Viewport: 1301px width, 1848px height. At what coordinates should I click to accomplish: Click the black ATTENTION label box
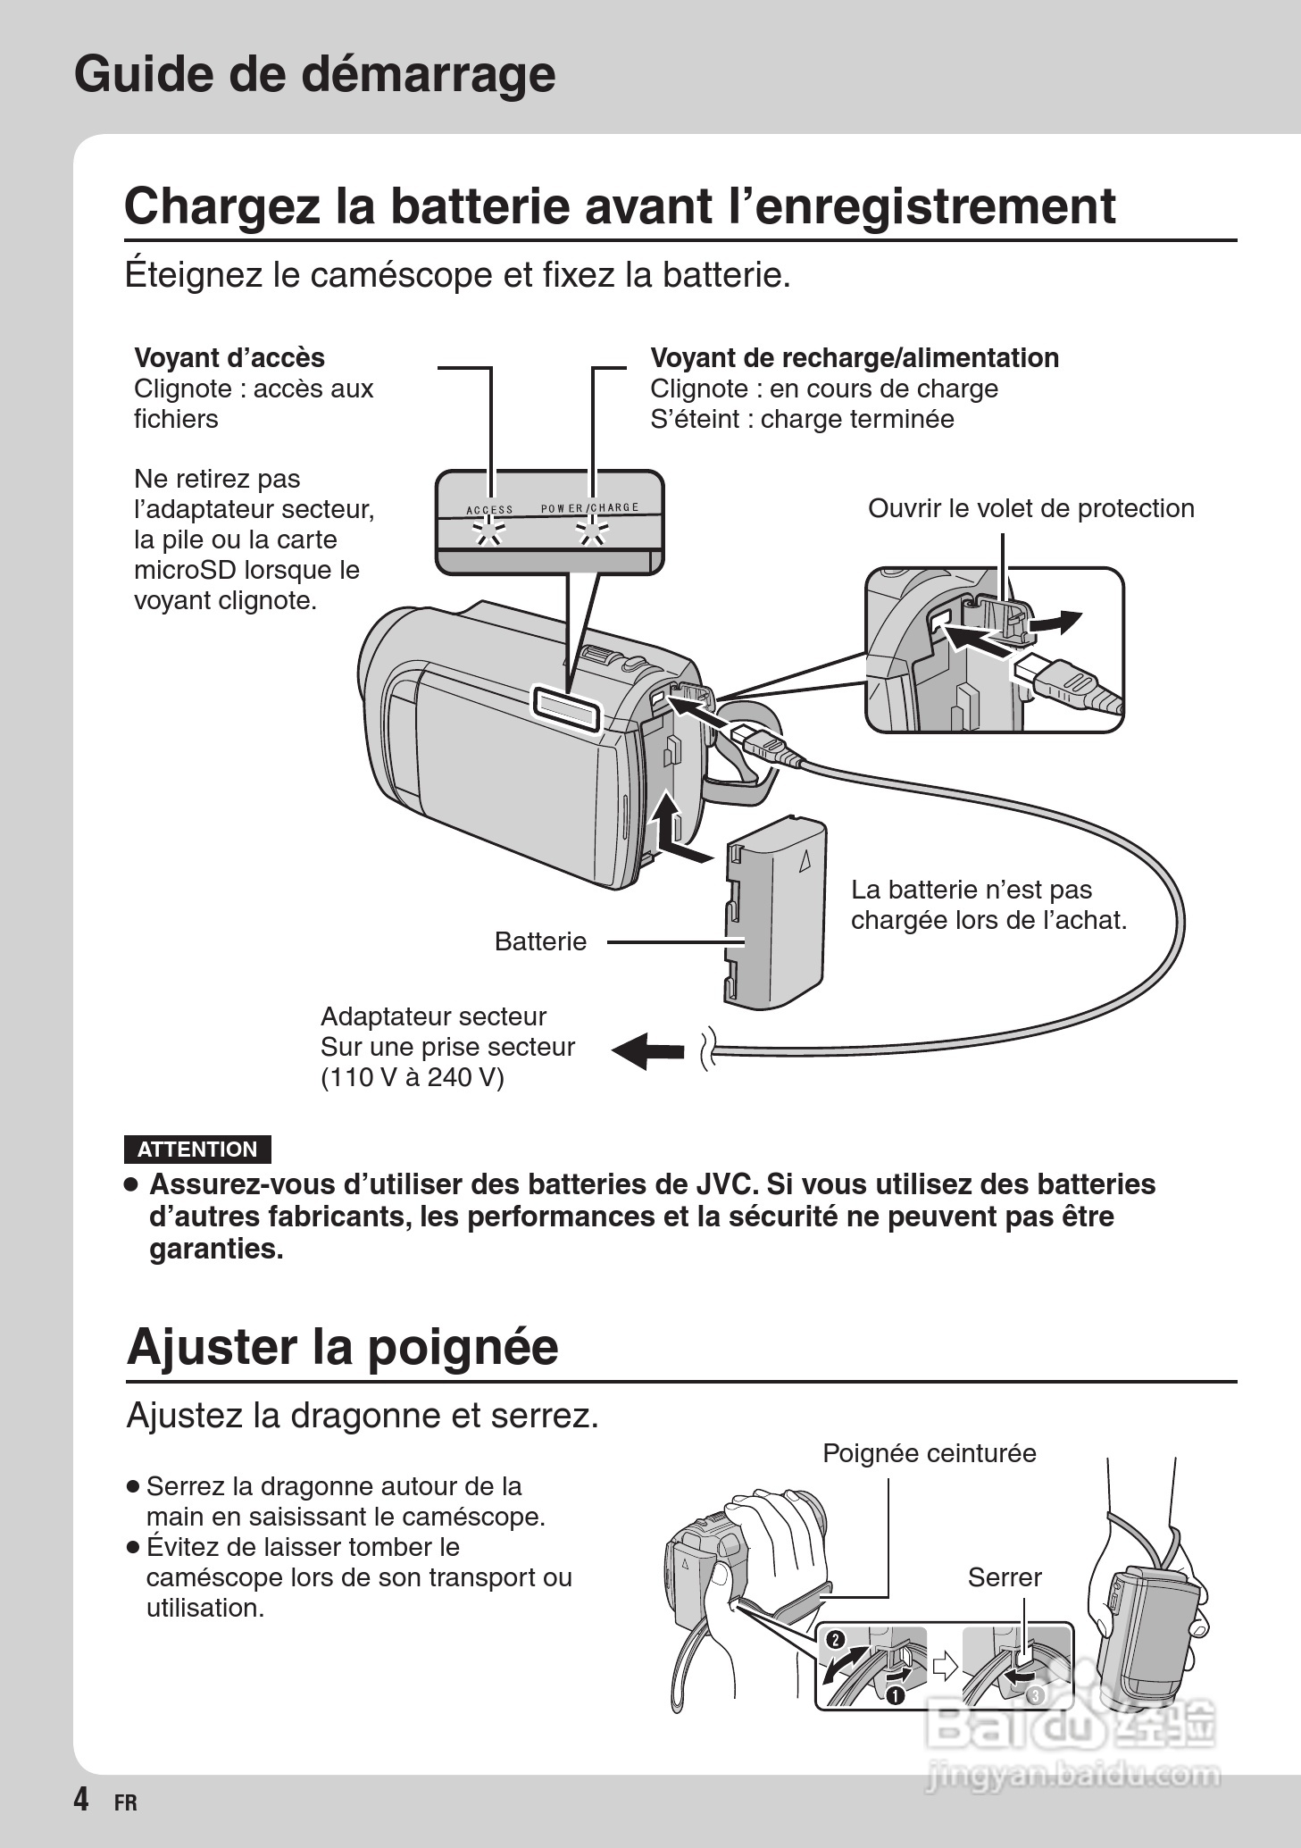tap(197, 1150)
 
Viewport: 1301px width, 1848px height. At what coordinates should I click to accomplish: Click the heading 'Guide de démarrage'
tap(314, 74)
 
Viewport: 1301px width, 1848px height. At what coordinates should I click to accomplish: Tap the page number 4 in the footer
tap(81, 1799)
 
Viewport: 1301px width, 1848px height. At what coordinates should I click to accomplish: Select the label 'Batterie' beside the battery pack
tap(540, 941)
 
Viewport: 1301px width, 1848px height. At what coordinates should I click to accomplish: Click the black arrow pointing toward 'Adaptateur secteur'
tap(647, 1049)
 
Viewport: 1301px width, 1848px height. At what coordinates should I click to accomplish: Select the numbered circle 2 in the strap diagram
tap(835, 1639)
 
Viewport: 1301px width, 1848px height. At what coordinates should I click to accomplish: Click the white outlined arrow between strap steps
tap(944, 1667)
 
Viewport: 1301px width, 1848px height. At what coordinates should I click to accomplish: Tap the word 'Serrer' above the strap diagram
tap(1005, 1577)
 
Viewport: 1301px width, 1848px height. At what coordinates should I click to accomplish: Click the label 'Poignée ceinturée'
tap(929, 1453)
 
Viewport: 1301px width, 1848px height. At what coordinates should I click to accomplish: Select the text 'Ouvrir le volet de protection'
tap(1030, 508)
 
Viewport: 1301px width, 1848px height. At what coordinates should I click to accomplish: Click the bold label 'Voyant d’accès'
tap(229, 357)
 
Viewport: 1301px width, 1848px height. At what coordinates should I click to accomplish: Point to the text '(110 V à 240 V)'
tap(412, 1077)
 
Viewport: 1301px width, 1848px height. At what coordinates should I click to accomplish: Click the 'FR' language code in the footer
tap(126, 1802)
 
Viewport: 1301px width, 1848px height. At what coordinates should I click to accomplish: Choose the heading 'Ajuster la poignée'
tap(342, 1346)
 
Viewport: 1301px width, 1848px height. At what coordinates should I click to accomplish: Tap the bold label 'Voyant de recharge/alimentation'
tap(855, 357)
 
